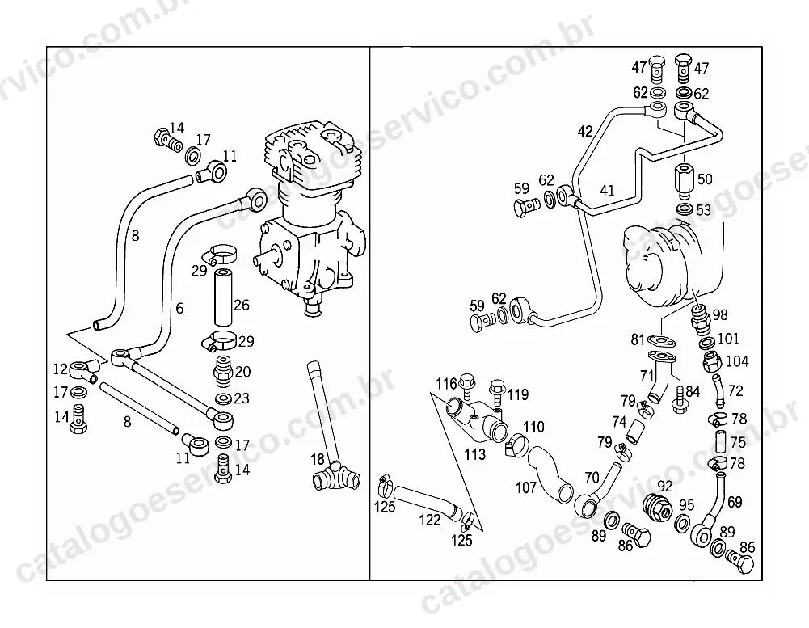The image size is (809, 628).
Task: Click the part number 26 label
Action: (x=242, y=306)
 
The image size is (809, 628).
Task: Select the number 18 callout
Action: (x=318, y=459)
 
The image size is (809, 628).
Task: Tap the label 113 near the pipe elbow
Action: (x=474, y=454)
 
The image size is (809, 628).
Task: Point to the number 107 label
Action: (x=526, y=487)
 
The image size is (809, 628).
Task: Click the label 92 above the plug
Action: (x=665, y=486)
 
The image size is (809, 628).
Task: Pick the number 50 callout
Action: (x=705, y=179)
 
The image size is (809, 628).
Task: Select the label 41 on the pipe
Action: (x=607, y=191)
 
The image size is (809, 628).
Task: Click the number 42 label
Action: (x=585, y=132)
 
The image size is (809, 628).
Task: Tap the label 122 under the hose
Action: (x=430, y=520)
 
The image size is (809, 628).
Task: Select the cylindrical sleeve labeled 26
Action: (x=223, y=297)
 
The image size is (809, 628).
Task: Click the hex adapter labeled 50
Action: (x=685, y=181)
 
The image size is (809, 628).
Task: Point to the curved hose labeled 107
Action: (x=550, y=473)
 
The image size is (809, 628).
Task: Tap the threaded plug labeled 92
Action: (x=658, y=506)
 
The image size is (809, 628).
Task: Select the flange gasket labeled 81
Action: (x=661, y=341)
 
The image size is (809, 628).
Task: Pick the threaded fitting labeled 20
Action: (x=223, y=370)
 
